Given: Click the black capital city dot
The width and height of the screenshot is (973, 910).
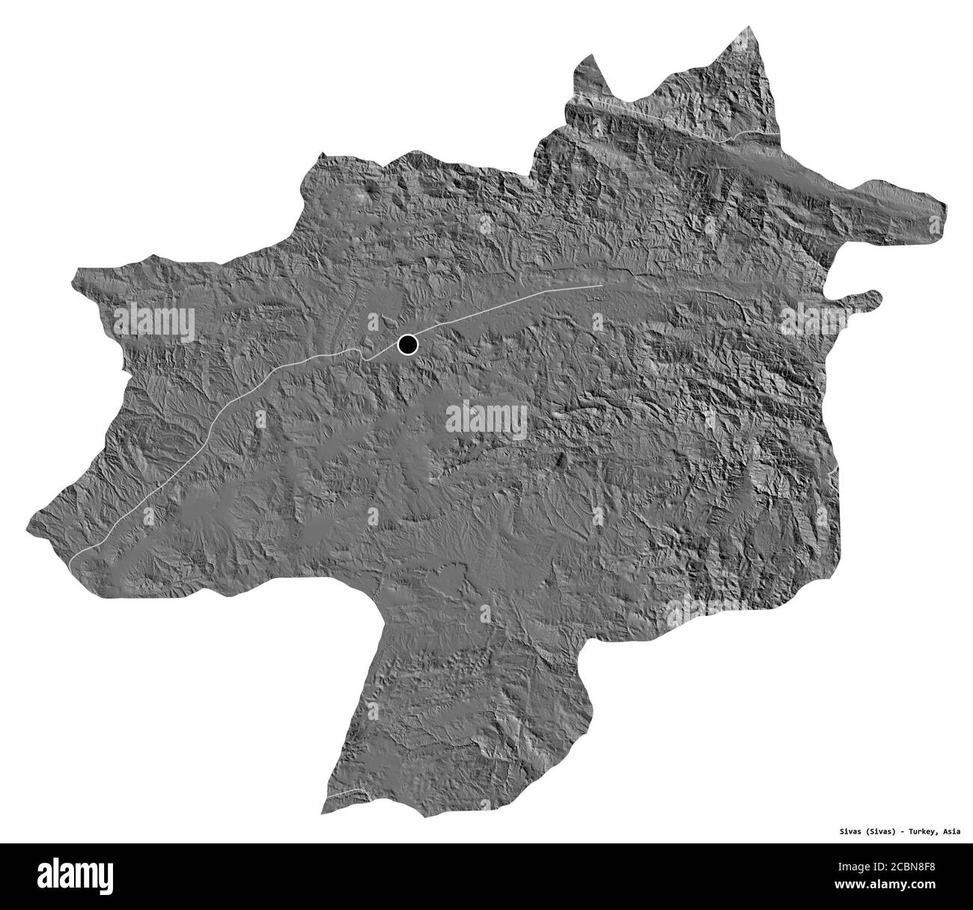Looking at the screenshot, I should point(407,344).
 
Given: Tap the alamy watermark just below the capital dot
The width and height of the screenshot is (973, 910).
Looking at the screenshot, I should point(487,420).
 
